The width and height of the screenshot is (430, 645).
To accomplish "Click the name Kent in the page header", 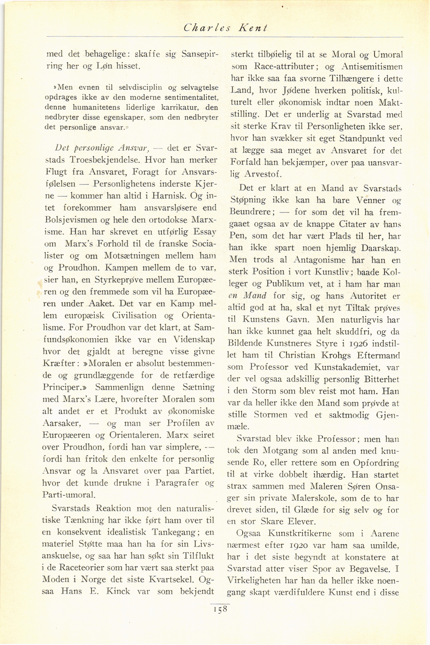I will click(x=253, y=28).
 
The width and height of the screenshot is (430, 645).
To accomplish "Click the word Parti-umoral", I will click(x=69, y=495).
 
